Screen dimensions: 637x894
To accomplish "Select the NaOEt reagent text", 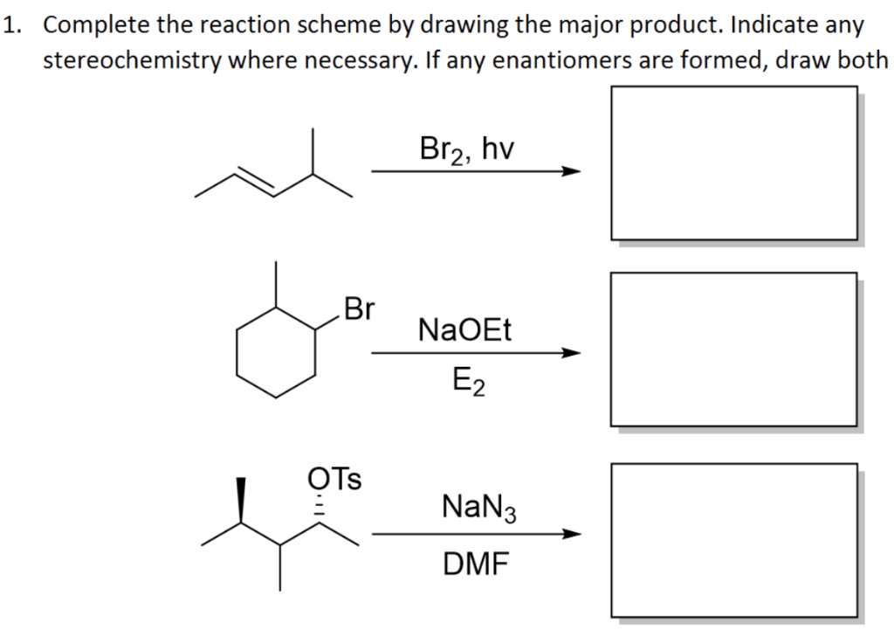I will tap(465, 331).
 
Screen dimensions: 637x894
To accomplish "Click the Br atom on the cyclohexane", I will tap(360, 309).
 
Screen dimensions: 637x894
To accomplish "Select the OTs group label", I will tap(336, 479).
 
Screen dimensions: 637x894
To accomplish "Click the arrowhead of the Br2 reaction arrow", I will tap(571, 171).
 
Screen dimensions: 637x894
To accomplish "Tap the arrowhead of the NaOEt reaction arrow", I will tap(571, 353).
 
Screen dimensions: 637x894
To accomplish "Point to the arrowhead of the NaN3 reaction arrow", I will tap(571, 534).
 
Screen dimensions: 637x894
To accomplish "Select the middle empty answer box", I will tap(732, 349).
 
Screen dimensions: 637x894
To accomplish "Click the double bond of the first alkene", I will tap(254, 182).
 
